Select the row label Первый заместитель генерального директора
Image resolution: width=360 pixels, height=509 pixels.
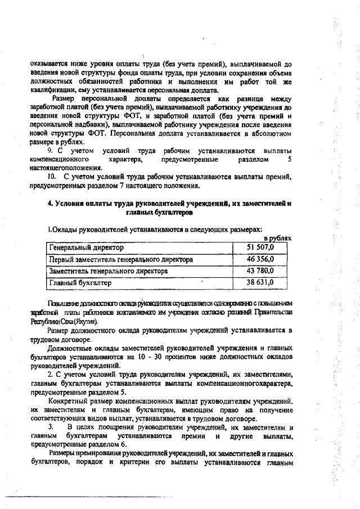(121, 259)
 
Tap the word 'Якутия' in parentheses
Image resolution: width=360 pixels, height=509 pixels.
(85, 321)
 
